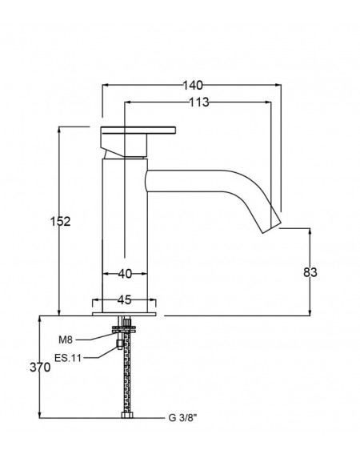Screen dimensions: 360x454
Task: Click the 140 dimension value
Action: [193, 85]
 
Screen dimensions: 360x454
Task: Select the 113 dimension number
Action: [199, 102]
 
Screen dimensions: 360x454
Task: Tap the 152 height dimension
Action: [60, 222]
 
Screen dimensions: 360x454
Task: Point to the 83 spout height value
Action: [310, 272]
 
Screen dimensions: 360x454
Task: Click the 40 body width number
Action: [125, 274]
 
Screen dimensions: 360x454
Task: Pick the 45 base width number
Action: [125, 300]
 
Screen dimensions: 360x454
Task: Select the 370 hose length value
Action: [40, 368]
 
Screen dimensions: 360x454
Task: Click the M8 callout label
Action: [66, 339]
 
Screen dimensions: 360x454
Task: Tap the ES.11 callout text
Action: [68, 358]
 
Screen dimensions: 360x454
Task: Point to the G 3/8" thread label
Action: [182, 418]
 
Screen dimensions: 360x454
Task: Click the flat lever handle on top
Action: [138, 130]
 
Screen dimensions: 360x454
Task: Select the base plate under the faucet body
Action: [124, 314]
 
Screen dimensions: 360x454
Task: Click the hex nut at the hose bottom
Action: [127, 416]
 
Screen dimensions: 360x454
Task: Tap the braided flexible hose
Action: [127, 372]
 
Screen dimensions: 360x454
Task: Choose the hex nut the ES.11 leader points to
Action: [119, 344]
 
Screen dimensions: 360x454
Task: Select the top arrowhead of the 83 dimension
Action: [310, 231]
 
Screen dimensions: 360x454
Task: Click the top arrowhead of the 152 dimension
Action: [59, 130]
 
